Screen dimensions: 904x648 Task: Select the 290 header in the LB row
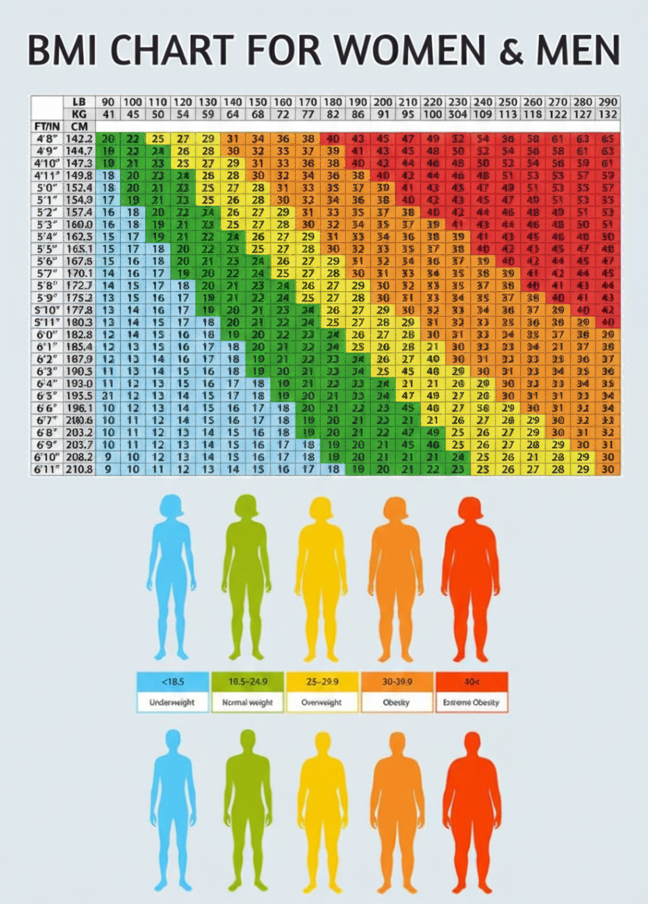609,102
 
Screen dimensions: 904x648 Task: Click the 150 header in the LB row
257,102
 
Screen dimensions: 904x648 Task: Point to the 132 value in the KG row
609,114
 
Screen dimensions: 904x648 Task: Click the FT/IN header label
48,126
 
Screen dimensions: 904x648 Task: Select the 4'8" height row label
46,138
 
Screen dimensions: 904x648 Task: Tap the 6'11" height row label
47,469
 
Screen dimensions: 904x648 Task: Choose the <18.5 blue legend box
172,682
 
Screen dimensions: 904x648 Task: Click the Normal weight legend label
247,702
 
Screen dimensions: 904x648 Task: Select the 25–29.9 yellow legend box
322,682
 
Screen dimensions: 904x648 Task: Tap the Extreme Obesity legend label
471,702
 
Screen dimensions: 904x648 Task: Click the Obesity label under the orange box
396,702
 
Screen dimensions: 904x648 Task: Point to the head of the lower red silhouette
471,745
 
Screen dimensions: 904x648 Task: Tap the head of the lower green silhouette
248,742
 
